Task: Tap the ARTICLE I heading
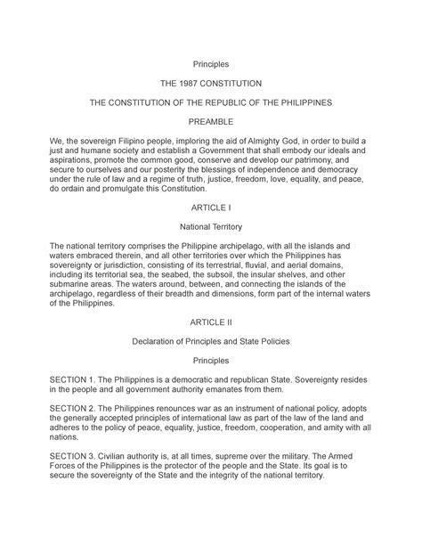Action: pyautogui.click(x=211, y=207)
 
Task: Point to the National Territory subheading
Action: pyautogui.click(x=211, y=226)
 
